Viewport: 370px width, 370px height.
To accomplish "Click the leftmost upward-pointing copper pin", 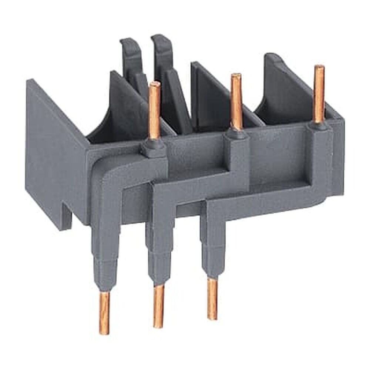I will [x=154, y=111].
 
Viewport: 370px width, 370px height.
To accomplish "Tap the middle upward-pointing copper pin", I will [x=236, y=102].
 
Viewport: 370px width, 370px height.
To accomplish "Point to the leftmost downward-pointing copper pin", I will [x=104, y=313].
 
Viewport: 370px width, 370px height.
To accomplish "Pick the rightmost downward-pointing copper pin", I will [x=212, y=298].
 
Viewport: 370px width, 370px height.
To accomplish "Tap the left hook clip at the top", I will [x=131, y=55].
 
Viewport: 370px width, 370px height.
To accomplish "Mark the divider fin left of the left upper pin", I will [x=124, y=100].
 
